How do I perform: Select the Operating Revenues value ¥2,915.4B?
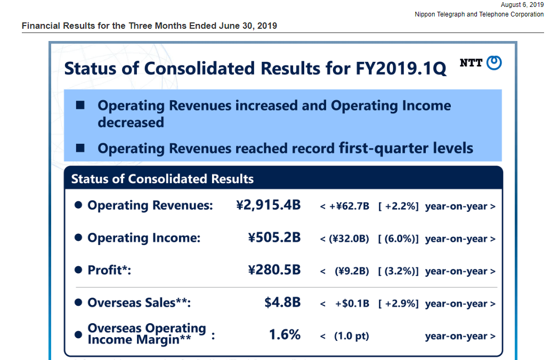tap(268, 205)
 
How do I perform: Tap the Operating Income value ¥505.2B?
tap(274, 238)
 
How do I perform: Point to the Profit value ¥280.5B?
tap(274, 270)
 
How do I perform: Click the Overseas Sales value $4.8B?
tap(282, 302)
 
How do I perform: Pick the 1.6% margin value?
tap(285, 335)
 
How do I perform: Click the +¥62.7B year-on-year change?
tap(350, 207)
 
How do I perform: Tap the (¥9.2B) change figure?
tap(352, 272)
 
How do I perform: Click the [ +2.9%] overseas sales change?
tap(398, 304)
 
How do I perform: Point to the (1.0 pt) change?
tap(352, 337)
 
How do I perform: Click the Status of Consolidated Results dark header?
tap(163, 179)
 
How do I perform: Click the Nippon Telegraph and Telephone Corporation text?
tap(479, 14)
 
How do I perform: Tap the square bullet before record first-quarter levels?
tap(81, 148)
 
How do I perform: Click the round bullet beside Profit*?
tap(78, 271)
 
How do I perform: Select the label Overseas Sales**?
tap(139, 303)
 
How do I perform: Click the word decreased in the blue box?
tap(131, 122)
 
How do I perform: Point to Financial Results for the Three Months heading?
tap(149, 26)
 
